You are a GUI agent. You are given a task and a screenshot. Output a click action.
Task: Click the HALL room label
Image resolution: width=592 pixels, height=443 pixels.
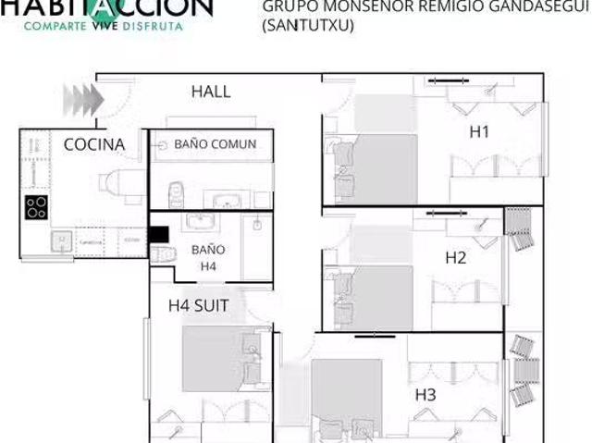pos(211,92)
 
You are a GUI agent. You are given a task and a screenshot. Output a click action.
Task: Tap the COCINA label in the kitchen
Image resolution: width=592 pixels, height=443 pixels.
pos(93,144)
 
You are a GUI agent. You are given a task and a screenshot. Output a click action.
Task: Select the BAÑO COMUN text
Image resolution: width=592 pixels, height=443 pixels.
pos(215,144)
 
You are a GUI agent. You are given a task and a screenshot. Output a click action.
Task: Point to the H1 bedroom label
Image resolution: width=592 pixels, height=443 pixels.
pos(479,132)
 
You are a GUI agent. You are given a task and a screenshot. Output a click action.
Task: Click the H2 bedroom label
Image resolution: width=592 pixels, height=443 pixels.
pos(455,258)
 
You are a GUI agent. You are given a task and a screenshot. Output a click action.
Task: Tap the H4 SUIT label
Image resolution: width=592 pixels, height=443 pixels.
pos(199,304)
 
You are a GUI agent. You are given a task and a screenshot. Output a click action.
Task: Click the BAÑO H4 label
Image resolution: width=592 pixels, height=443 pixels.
pos(208,258)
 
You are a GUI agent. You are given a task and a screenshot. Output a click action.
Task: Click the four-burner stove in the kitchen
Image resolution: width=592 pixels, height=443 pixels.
pos(36,207)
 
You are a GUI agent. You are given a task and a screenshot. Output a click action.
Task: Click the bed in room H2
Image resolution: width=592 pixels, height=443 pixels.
pos(380,296)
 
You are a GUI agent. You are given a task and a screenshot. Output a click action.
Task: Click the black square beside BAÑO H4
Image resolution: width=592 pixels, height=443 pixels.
pos(158,235)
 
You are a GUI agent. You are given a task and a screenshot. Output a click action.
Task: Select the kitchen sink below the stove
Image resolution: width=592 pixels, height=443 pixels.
pos(61,241)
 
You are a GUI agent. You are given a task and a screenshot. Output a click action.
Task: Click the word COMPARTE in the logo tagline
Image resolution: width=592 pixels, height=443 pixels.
pos(56,25)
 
